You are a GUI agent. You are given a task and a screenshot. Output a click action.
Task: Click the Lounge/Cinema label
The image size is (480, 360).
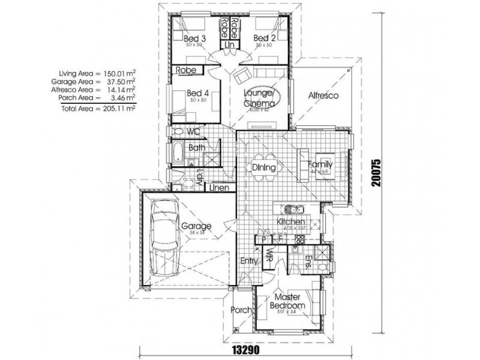(259, 98)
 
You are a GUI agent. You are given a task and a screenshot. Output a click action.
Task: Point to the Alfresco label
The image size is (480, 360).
(324, 95)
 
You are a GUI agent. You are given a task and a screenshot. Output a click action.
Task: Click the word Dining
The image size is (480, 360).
(264, 168)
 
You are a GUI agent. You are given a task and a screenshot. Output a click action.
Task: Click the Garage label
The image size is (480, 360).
(196, 226)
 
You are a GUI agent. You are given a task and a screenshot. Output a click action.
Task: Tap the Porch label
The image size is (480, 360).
(241, 310)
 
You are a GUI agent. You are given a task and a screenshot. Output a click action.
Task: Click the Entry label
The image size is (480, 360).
(249, 261)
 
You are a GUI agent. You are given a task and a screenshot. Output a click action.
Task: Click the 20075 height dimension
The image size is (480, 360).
(377, 172)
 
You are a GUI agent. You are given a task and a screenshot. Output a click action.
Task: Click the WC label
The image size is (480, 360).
(193, 131)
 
